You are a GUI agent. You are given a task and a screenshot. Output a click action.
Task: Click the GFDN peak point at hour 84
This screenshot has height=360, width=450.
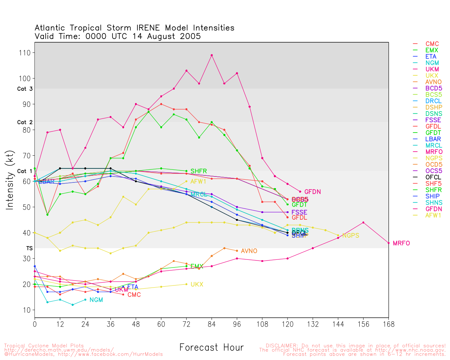pos(212,55)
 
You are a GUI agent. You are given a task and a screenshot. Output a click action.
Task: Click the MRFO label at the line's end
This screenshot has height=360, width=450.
pos(401,243)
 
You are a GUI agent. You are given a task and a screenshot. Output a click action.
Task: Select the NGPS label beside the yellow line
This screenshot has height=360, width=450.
pos(351,236)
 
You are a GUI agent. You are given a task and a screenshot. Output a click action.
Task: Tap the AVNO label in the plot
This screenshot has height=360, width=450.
pos(249,251)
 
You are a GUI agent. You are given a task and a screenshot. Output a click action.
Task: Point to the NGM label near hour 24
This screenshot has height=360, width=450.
pos(96,300)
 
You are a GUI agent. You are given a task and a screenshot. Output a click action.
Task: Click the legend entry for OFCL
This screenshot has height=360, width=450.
pos(433,177)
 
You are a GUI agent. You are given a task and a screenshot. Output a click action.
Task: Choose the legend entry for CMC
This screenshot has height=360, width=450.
pos(432,44)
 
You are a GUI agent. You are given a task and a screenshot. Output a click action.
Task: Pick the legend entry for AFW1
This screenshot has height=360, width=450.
pos(433,215)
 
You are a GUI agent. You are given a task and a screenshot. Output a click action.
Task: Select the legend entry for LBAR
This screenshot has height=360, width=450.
pos(433,139)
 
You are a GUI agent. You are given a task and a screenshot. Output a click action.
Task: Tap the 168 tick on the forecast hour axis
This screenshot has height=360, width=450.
pos(388,324)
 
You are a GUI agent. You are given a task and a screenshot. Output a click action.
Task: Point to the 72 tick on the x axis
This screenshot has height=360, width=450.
pos(186,324)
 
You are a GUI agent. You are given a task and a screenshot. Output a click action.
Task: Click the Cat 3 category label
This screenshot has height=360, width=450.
pos(25,89)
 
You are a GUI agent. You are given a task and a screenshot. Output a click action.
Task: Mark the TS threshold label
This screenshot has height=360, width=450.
pos(30,249)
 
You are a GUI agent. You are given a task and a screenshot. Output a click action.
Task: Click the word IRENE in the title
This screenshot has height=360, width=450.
pos(148,28)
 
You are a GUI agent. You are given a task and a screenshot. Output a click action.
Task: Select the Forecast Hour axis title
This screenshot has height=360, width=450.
pos(211,348)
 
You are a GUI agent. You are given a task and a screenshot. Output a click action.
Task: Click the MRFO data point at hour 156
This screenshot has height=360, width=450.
pos(363,223)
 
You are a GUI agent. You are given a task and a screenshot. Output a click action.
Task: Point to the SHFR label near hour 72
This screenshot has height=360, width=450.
pos(199,171)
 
